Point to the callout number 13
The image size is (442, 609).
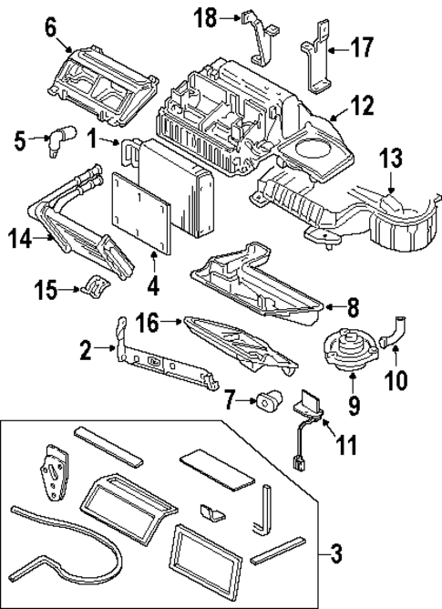390,158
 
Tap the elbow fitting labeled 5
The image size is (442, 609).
65,139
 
